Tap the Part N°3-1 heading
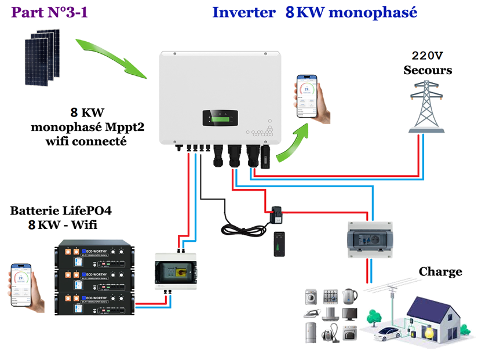point(50,12)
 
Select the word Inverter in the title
point(243,12)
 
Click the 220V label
point(428,56)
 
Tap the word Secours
point(428,70)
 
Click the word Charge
point(440,271)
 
